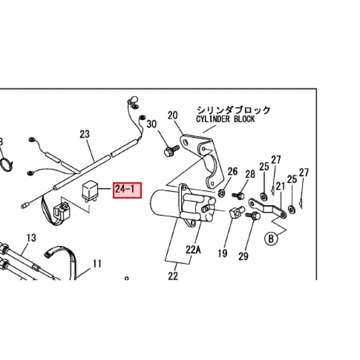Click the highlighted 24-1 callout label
click(127, 190)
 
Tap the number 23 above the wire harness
click(85, 134)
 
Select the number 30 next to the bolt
click(152, 124)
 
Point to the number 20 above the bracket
click(173, 115)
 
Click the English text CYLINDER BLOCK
click(225, 119)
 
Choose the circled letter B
click(271, 239)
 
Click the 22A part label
click(193, 250)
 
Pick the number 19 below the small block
click(222, 253)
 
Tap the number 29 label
click(243, 257)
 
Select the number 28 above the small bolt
click(250, 174)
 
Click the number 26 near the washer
click(232, 172)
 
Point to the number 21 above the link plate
click(280, 186)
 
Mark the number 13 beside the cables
click(31, 238)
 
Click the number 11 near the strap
click(97, 263)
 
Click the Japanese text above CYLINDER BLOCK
click(233, 110)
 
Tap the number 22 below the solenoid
click(173, 276)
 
